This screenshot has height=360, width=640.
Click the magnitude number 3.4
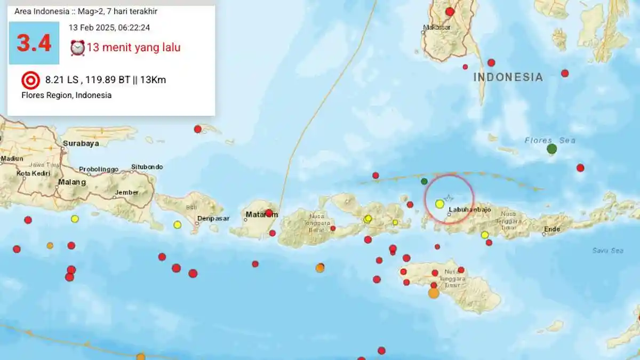click(34, 43)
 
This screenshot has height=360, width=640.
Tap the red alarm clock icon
click(77, 47)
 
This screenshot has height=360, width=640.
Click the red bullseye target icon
click(30, 81)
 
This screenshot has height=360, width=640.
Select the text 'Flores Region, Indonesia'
click(67, 95)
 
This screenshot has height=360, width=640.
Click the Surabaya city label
click(81, 143)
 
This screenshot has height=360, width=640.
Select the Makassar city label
click(436, 27)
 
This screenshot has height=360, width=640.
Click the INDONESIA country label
click(508, 77)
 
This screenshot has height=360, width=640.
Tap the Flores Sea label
click(550, 141)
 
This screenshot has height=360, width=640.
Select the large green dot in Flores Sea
click(552, 149)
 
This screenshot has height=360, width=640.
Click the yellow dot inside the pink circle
click(439, 204)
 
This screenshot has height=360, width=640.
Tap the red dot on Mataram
click(269, 213)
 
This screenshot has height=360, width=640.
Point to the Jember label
click(127, 193)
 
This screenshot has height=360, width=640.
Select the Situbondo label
click(147, 167)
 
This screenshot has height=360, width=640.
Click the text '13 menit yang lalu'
click(133, 47)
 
